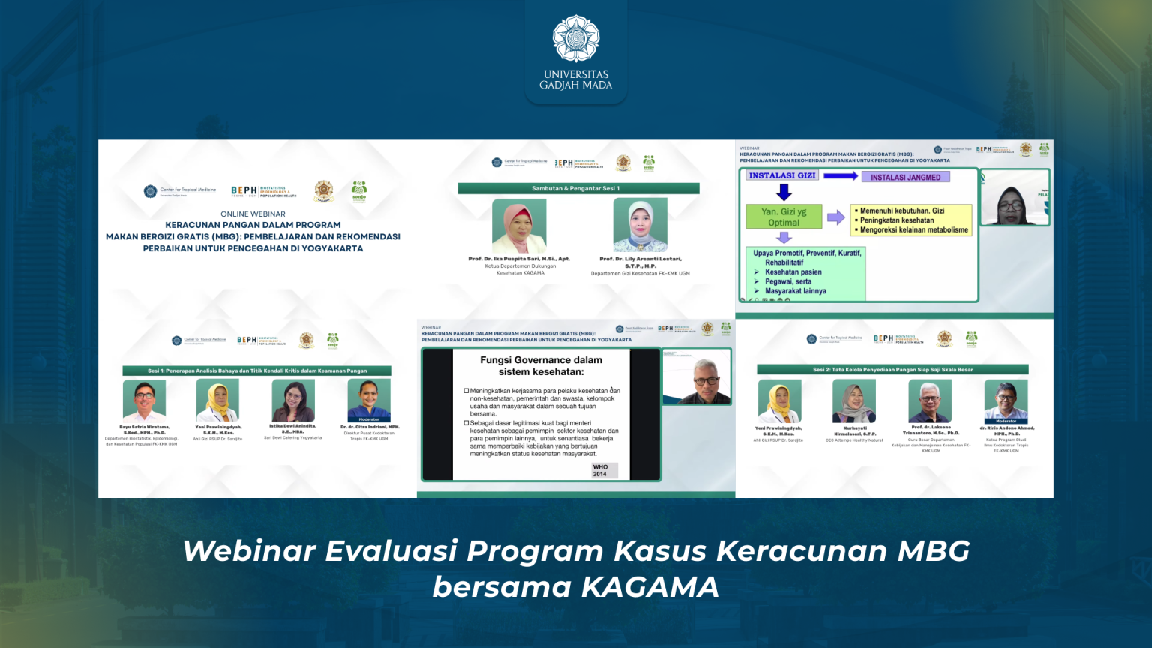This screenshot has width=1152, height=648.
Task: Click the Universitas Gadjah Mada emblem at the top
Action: tap(575, 37)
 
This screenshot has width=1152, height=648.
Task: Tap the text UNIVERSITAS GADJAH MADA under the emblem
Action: tap(575, 79)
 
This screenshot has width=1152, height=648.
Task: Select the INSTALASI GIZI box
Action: tap(782, 175)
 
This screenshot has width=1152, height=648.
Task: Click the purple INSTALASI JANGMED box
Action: tap(905, 177)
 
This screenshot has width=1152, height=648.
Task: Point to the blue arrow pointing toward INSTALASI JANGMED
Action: tap(840, 175)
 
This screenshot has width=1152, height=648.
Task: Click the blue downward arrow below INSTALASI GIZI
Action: tap(784, 192)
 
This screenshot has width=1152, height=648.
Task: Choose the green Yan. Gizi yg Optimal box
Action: tap(784, 217)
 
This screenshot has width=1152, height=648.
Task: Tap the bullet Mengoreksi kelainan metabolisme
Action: tap(913, 230)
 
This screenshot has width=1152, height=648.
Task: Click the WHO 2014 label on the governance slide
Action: tap(601, 470)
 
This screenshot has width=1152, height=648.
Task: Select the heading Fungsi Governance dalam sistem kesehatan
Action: tap(541, 365)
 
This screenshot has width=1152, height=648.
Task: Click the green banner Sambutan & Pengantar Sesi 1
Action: tap(577, 188)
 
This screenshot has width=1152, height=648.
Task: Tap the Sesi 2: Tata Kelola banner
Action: tap(892, 369)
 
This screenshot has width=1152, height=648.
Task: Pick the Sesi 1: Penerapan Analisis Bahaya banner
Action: tap(256, 370)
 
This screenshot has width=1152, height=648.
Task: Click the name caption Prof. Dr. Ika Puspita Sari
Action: tap(519, 259)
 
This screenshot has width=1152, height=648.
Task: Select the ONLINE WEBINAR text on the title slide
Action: tap(253, 214)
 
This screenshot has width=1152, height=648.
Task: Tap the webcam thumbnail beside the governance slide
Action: tap(697, 378)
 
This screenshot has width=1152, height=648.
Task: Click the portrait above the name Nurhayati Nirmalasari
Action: tap(854, 401)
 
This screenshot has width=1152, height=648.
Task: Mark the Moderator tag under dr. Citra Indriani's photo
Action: tap(369, 419)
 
